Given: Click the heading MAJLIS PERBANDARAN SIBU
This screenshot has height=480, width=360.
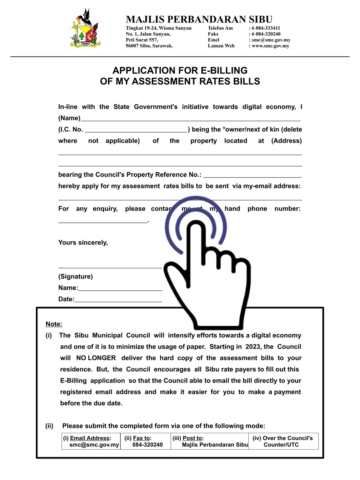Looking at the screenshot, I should pos(199,19).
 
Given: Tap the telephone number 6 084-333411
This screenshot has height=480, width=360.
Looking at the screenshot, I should pos(266,28).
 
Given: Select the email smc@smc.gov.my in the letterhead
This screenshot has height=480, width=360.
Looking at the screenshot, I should pos(271,40).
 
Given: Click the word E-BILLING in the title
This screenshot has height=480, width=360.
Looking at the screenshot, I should pos(222,70).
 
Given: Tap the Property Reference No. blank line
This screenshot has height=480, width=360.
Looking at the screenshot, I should pos(252,176).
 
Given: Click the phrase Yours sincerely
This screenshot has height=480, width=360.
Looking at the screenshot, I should pos(83,242).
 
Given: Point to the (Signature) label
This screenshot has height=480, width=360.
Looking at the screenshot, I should pos(75,276).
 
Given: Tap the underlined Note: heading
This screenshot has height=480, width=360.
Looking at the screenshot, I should pos(54,324).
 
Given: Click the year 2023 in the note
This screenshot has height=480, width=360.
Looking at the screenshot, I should pos(253,346).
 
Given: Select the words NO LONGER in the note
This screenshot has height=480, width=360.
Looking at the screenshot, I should pos(96,358).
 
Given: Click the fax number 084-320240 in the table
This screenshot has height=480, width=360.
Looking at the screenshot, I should pos(147,445).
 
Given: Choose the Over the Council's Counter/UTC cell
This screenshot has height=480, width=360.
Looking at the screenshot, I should pos(282,441).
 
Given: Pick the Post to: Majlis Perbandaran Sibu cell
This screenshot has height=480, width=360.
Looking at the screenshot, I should pos(210,441).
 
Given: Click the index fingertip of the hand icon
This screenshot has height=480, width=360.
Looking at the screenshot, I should pos(195,227).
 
